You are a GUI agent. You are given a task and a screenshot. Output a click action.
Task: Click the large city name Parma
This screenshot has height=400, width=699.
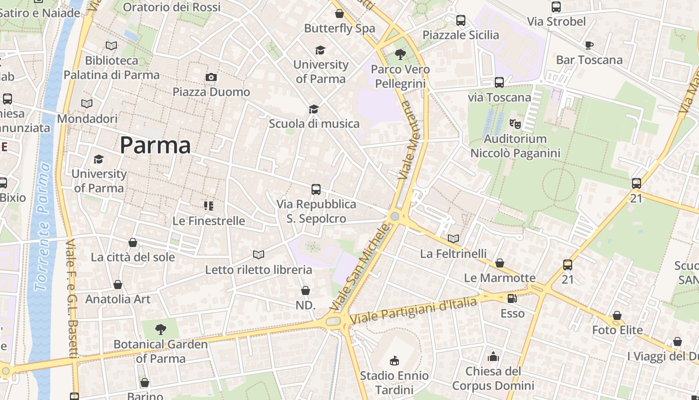click(155, 145)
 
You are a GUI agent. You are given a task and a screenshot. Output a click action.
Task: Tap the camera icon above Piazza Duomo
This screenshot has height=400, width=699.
click(211, 77)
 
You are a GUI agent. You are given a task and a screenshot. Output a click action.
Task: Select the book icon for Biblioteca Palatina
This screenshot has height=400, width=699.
click(111, 46)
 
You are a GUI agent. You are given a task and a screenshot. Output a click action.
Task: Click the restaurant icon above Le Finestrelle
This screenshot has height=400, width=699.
click(209, 205)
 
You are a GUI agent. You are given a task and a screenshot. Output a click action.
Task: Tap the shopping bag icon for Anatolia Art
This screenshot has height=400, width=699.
click(118, 284)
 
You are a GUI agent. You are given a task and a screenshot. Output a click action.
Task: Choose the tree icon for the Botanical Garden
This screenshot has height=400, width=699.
click(160, 329)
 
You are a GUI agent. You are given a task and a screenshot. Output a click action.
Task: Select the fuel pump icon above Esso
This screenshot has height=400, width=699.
click(512, 298)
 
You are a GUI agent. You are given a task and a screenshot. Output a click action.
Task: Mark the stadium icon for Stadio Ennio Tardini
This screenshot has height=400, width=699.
click(394, 360)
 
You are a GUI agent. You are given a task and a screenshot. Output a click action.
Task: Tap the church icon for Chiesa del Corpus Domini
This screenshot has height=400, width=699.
click(493, 356)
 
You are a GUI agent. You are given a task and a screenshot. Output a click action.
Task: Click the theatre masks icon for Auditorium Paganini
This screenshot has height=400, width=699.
click(515, 123)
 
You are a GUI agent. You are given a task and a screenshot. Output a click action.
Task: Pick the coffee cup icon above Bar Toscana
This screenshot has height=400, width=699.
click(589, 45)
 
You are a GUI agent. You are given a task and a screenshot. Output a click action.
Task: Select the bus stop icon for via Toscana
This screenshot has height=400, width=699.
click(499, 82)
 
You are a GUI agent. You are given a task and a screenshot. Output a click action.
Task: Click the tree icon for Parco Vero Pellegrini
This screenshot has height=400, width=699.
click(400, 54)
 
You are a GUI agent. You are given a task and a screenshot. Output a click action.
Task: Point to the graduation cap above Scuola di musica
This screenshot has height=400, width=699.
click(314, 109)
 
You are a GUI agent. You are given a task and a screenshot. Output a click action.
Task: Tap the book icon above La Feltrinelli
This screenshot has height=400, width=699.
click(453, 238)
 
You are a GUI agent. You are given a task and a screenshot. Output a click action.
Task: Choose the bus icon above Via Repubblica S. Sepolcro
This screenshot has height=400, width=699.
click(316, 189)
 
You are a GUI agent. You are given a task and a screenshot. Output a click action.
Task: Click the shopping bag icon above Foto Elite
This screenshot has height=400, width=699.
click(617, 315)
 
